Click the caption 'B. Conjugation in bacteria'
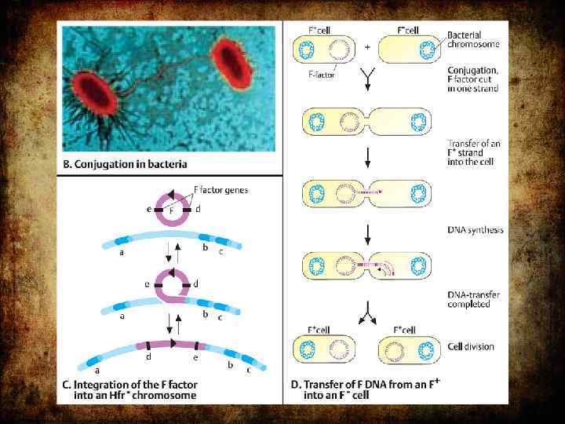coord(130,164)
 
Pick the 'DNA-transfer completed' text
coord(474,299)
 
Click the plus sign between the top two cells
coord(368,47)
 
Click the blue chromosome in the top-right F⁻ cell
coord(427,52)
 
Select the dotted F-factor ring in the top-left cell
coord(340,52)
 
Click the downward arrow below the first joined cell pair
coord(366,159)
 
